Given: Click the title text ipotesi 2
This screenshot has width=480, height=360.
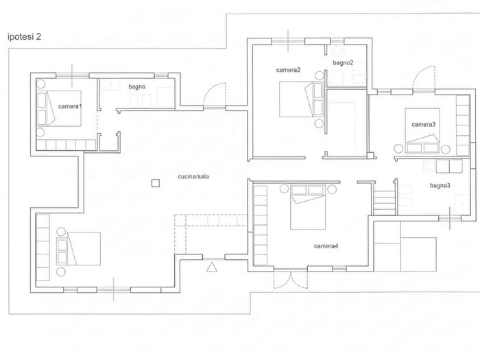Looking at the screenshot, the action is pyautogui.click(x=24, y=37).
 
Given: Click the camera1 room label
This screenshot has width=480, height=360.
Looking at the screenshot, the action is pyautogui.click(x=70, y=106).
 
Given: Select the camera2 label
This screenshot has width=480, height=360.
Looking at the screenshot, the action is pyautogui.click(x=288, y=70).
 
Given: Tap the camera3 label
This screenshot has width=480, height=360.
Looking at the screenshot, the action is pyautogui.click(x=424, y=124).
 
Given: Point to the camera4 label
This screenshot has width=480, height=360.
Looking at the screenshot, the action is pyautogui.click(x=326, y=246).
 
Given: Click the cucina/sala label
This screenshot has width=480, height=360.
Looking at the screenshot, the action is pyautogui.click(x=193, y=177).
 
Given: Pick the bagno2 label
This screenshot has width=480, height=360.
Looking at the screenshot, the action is pyautogui.click(x=343, y=63).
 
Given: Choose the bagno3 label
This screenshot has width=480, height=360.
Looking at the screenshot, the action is pyautogui.click(x=440, y=186).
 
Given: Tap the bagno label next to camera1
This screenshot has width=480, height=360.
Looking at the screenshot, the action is pyautogui.click(x=137, y=87).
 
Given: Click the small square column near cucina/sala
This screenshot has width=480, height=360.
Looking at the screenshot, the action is pyautogui.click(x=156, y=183).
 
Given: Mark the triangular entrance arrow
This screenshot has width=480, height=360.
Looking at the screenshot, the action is pyautogui.click(x=212, y=267).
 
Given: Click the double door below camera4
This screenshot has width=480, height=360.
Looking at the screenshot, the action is pyautogui.click(x=290, y=279).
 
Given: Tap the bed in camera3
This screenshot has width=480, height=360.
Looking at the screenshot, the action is pyautogui.click(x=422, y=131).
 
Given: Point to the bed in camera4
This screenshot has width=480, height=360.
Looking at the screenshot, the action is pyautogui.click(x=308, y=207).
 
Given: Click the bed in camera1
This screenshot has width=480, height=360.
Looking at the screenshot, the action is pyautogui.click(x=59, y=108).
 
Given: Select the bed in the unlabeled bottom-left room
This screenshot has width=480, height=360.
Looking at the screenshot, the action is pyautogui.click(x=78, y=249).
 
